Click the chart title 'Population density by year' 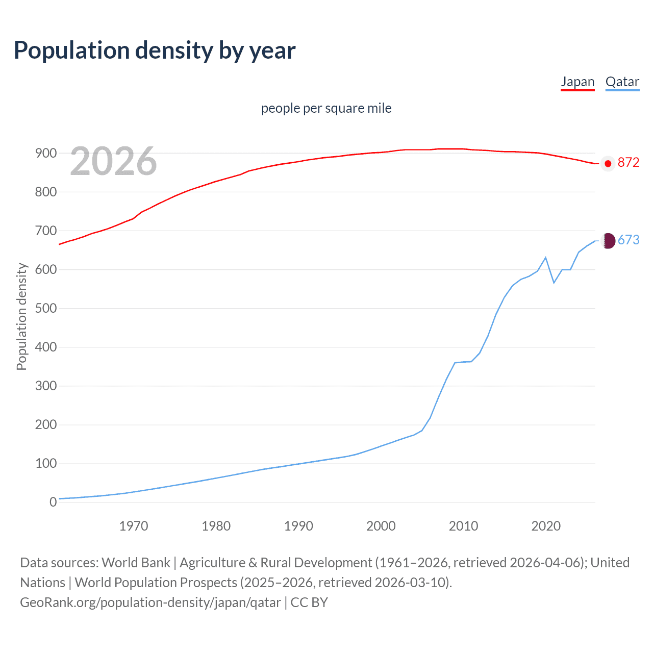155,51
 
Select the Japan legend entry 577,82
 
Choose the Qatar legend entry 622,82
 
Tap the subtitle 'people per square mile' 326,109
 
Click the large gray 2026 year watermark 113,161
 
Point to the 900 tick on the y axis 45,154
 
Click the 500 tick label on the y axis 45,309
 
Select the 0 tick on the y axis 53,503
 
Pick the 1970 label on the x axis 134,526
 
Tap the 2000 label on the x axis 381,526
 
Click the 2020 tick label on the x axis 546,526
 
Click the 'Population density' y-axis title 21,316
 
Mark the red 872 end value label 628,163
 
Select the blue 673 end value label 628,240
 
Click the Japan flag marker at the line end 608,164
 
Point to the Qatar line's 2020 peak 546,258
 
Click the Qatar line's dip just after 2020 554,282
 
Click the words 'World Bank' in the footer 136,563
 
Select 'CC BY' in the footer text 309,602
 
